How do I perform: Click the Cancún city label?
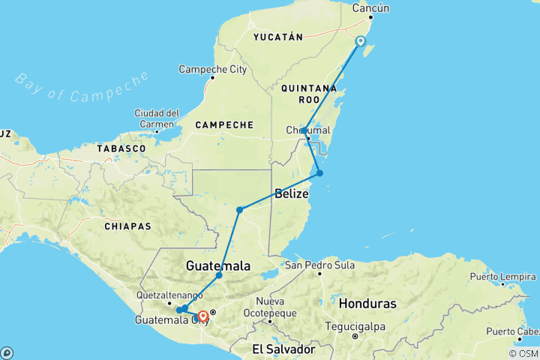[x=370, y=9]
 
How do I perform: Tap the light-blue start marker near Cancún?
[x=361, y=41]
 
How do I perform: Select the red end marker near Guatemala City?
[x=202, y=316]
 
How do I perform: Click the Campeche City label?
[x=212, y=70]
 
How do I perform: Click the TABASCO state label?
[x=121, y=149]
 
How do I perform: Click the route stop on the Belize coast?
[x=319, y=173]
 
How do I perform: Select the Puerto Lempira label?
[x=499, y=277]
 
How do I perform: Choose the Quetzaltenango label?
[x=169, y=295]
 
